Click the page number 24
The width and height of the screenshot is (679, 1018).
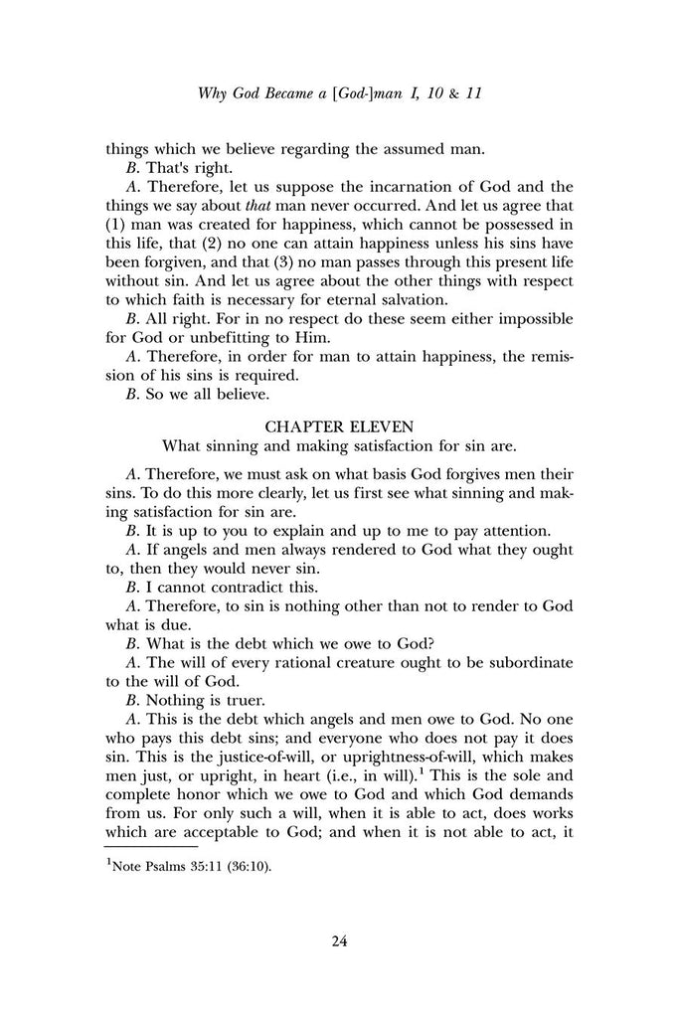pos(338,940)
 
